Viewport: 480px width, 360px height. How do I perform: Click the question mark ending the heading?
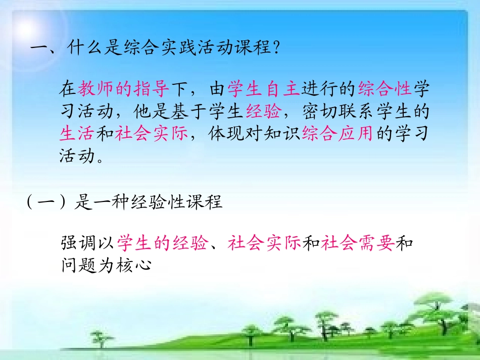pos(275,49)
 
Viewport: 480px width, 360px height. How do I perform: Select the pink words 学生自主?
pos(264,90)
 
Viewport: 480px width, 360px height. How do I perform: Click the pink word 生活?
pos(77,134)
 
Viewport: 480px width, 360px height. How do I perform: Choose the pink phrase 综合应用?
pos(338,134)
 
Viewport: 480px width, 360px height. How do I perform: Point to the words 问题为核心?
pos(107,266)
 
